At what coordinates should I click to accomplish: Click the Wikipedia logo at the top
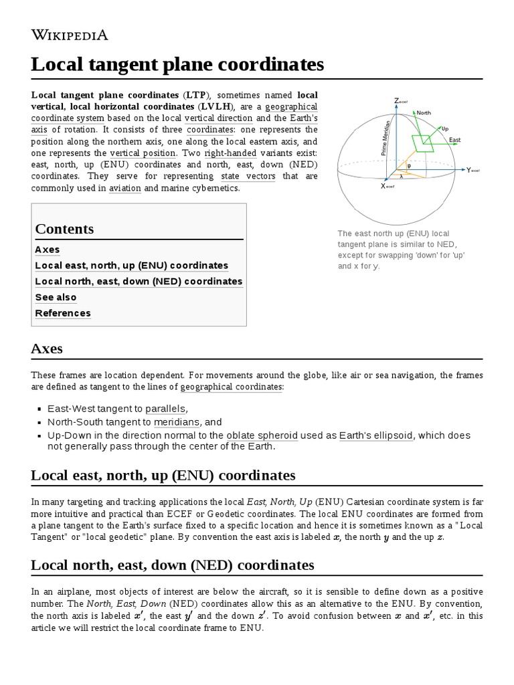click(70, 35)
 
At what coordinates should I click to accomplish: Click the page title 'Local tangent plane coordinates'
click(177, 65)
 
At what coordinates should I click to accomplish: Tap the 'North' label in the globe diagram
click(424, 113)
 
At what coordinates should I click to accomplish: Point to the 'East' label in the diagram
click(454, 140)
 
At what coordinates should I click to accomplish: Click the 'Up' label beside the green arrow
click(445, 127)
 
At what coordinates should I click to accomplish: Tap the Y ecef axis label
click(473, 170)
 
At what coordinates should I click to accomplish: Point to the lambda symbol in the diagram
click(402, 177)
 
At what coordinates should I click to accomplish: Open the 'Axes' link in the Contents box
click(48, 250)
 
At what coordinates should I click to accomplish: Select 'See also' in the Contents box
click(56, 297)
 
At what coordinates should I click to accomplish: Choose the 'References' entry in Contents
click(63, 313)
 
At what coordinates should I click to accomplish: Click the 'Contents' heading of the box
click(64, 229)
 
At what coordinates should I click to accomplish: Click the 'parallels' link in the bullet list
click(166, 408)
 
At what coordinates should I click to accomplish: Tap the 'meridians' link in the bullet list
click(177, 422)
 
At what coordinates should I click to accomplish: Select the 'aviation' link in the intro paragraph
click(124, 189)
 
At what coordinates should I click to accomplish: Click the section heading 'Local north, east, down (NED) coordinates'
click(172, 565)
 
